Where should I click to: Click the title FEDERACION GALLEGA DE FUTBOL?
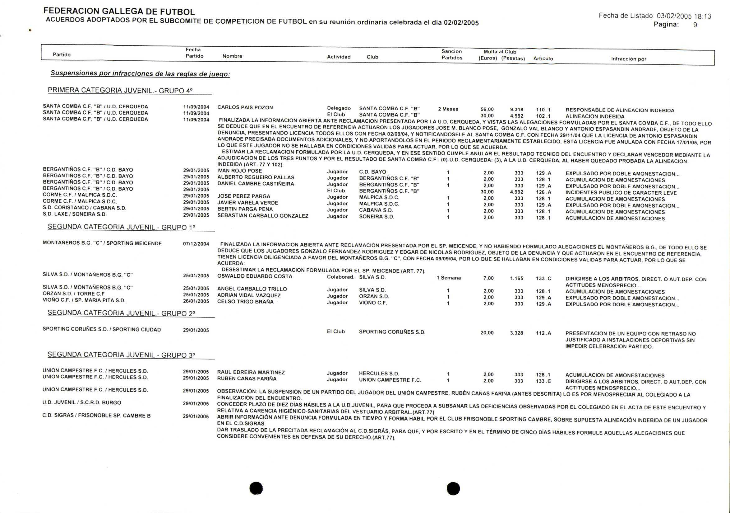click(x=119, y=12)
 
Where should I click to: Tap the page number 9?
click(x=695, y=25)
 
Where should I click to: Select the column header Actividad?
click(x=339, y=57)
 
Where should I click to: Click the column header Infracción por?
click(x=629, y=59)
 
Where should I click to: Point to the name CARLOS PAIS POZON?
click(x=245, y=108)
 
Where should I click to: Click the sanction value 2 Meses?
click(x=448, y=109)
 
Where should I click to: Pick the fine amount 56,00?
click(x=487, y=110)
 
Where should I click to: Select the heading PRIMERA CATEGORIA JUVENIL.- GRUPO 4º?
click(x=120, y=90)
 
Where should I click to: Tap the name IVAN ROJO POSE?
click(x=239, y=171)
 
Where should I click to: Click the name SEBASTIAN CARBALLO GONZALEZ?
click(x=263, y=216)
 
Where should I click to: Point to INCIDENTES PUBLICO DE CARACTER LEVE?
click(x=621, y=193)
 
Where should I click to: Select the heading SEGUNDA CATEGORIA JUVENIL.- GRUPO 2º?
click(x=121, y=313)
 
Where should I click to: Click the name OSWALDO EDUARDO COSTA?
click(x=254, y=276)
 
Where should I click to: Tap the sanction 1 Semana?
click(x=448, y=278)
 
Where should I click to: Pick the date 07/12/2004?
click(x=196, y=244)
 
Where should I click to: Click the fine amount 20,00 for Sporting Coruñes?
click(x=487, y=333)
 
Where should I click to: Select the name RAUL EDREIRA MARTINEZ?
click(x=251, y=372)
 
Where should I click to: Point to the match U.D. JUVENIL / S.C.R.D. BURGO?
click(x=82, y=402)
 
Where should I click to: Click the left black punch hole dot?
click(x=256, y=488)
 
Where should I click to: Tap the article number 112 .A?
click(x=543, y=333)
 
